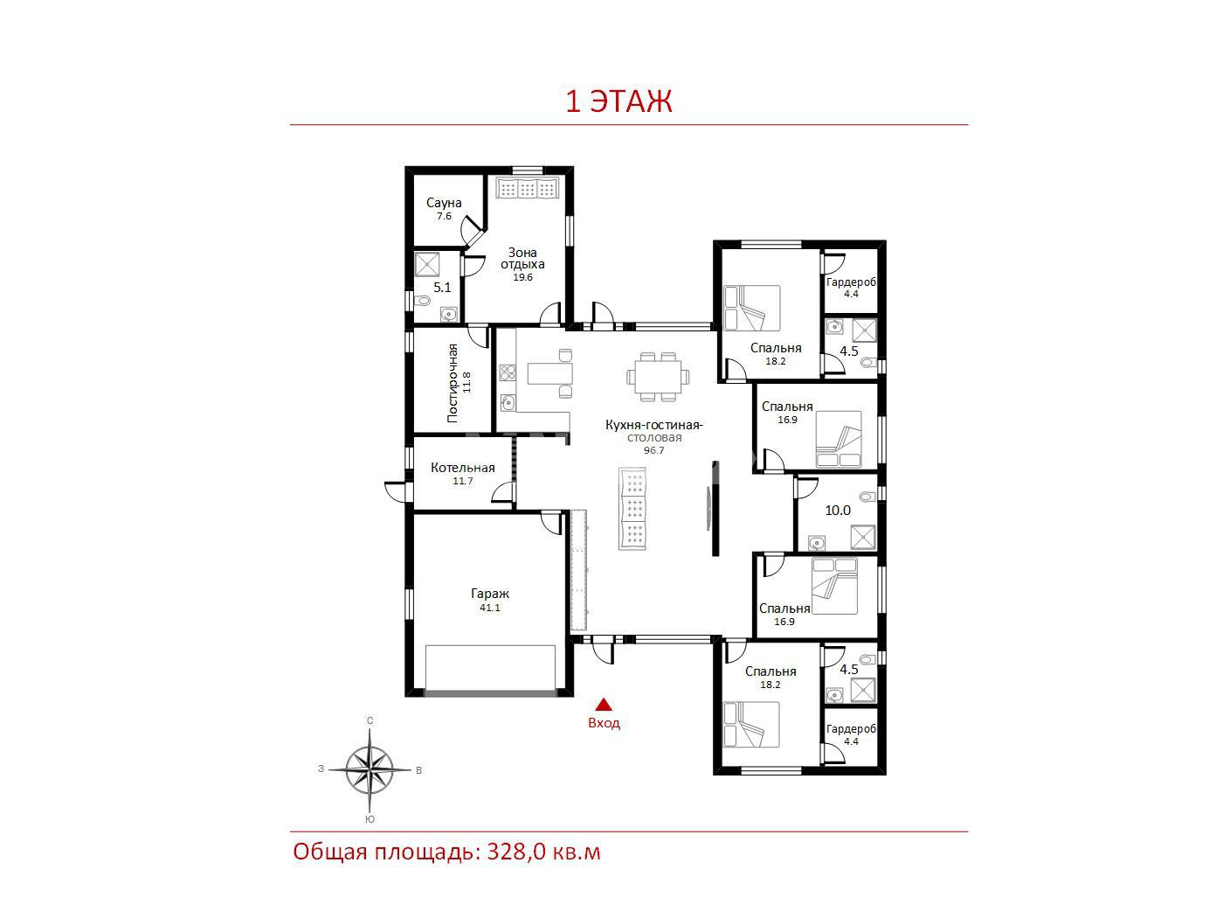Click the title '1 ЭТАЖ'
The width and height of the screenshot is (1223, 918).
pyautogui.click(x=618, y=101)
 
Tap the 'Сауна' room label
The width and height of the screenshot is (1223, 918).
pyautogui.click(x=444, y=203)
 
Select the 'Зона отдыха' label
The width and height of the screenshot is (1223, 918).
pyautogui.click(x=522, y=259)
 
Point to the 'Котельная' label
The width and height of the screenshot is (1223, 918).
pyautogui.click(x=462, y=468)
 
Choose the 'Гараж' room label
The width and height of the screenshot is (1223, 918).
pyautogui.click(x=490, y=594)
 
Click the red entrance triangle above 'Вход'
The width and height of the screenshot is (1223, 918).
pyautogui.click(x=604, y=705)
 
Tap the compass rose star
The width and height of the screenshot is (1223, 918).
pyautogui.click(x=370, y=769)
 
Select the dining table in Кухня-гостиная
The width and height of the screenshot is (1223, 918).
pyautogui.click(x=658, y=377)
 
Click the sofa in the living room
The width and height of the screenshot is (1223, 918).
pyautogui.click(x=632, y=508)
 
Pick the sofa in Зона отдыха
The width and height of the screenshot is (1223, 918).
pyautogui.click(x=527, y=188)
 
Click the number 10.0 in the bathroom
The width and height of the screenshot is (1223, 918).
pyautogui.click(x=838, y=510)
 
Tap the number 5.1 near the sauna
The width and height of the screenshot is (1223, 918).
pyautogui.click(x=442, y=288)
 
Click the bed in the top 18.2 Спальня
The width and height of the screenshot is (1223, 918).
pyautogui.click(x=751, y=309)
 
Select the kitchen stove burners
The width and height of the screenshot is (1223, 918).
pyautogui.click(x=507, y=372)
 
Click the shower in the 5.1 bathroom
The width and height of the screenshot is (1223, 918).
pyautogui.click(x=427, y=264)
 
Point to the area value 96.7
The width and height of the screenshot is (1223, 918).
pyautogui.click(x=653, y=450)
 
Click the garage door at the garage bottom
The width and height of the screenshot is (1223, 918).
pyautogui.click(x=490, y=692)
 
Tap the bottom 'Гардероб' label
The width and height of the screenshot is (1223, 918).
pyautogui.click(x=851, y=729)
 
